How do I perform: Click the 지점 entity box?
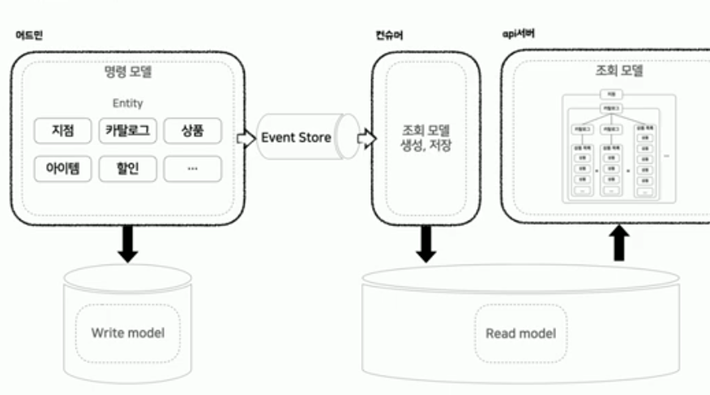pos(63,131)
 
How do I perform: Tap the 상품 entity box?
pos(192,131)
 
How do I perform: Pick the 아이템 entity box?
pos(63,169)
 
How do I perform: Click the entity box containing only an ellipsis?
pos(192,169)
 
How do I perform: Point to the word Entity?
pos(128,103)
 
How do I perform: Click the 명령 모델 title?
pos(128,72)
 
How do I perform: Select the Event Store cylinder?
pos(298,138)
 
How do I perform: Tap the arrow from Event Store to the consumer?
pos(366,139)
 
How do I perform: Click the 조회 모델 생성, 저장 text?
pos(426,139)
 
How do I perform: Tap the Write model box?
pos(127,333)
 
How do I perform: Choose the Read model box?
pos(520,333)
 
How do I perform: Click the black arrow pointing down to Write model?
pos(127,244)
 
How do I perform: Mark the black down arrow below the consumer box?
pos(426,243)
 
